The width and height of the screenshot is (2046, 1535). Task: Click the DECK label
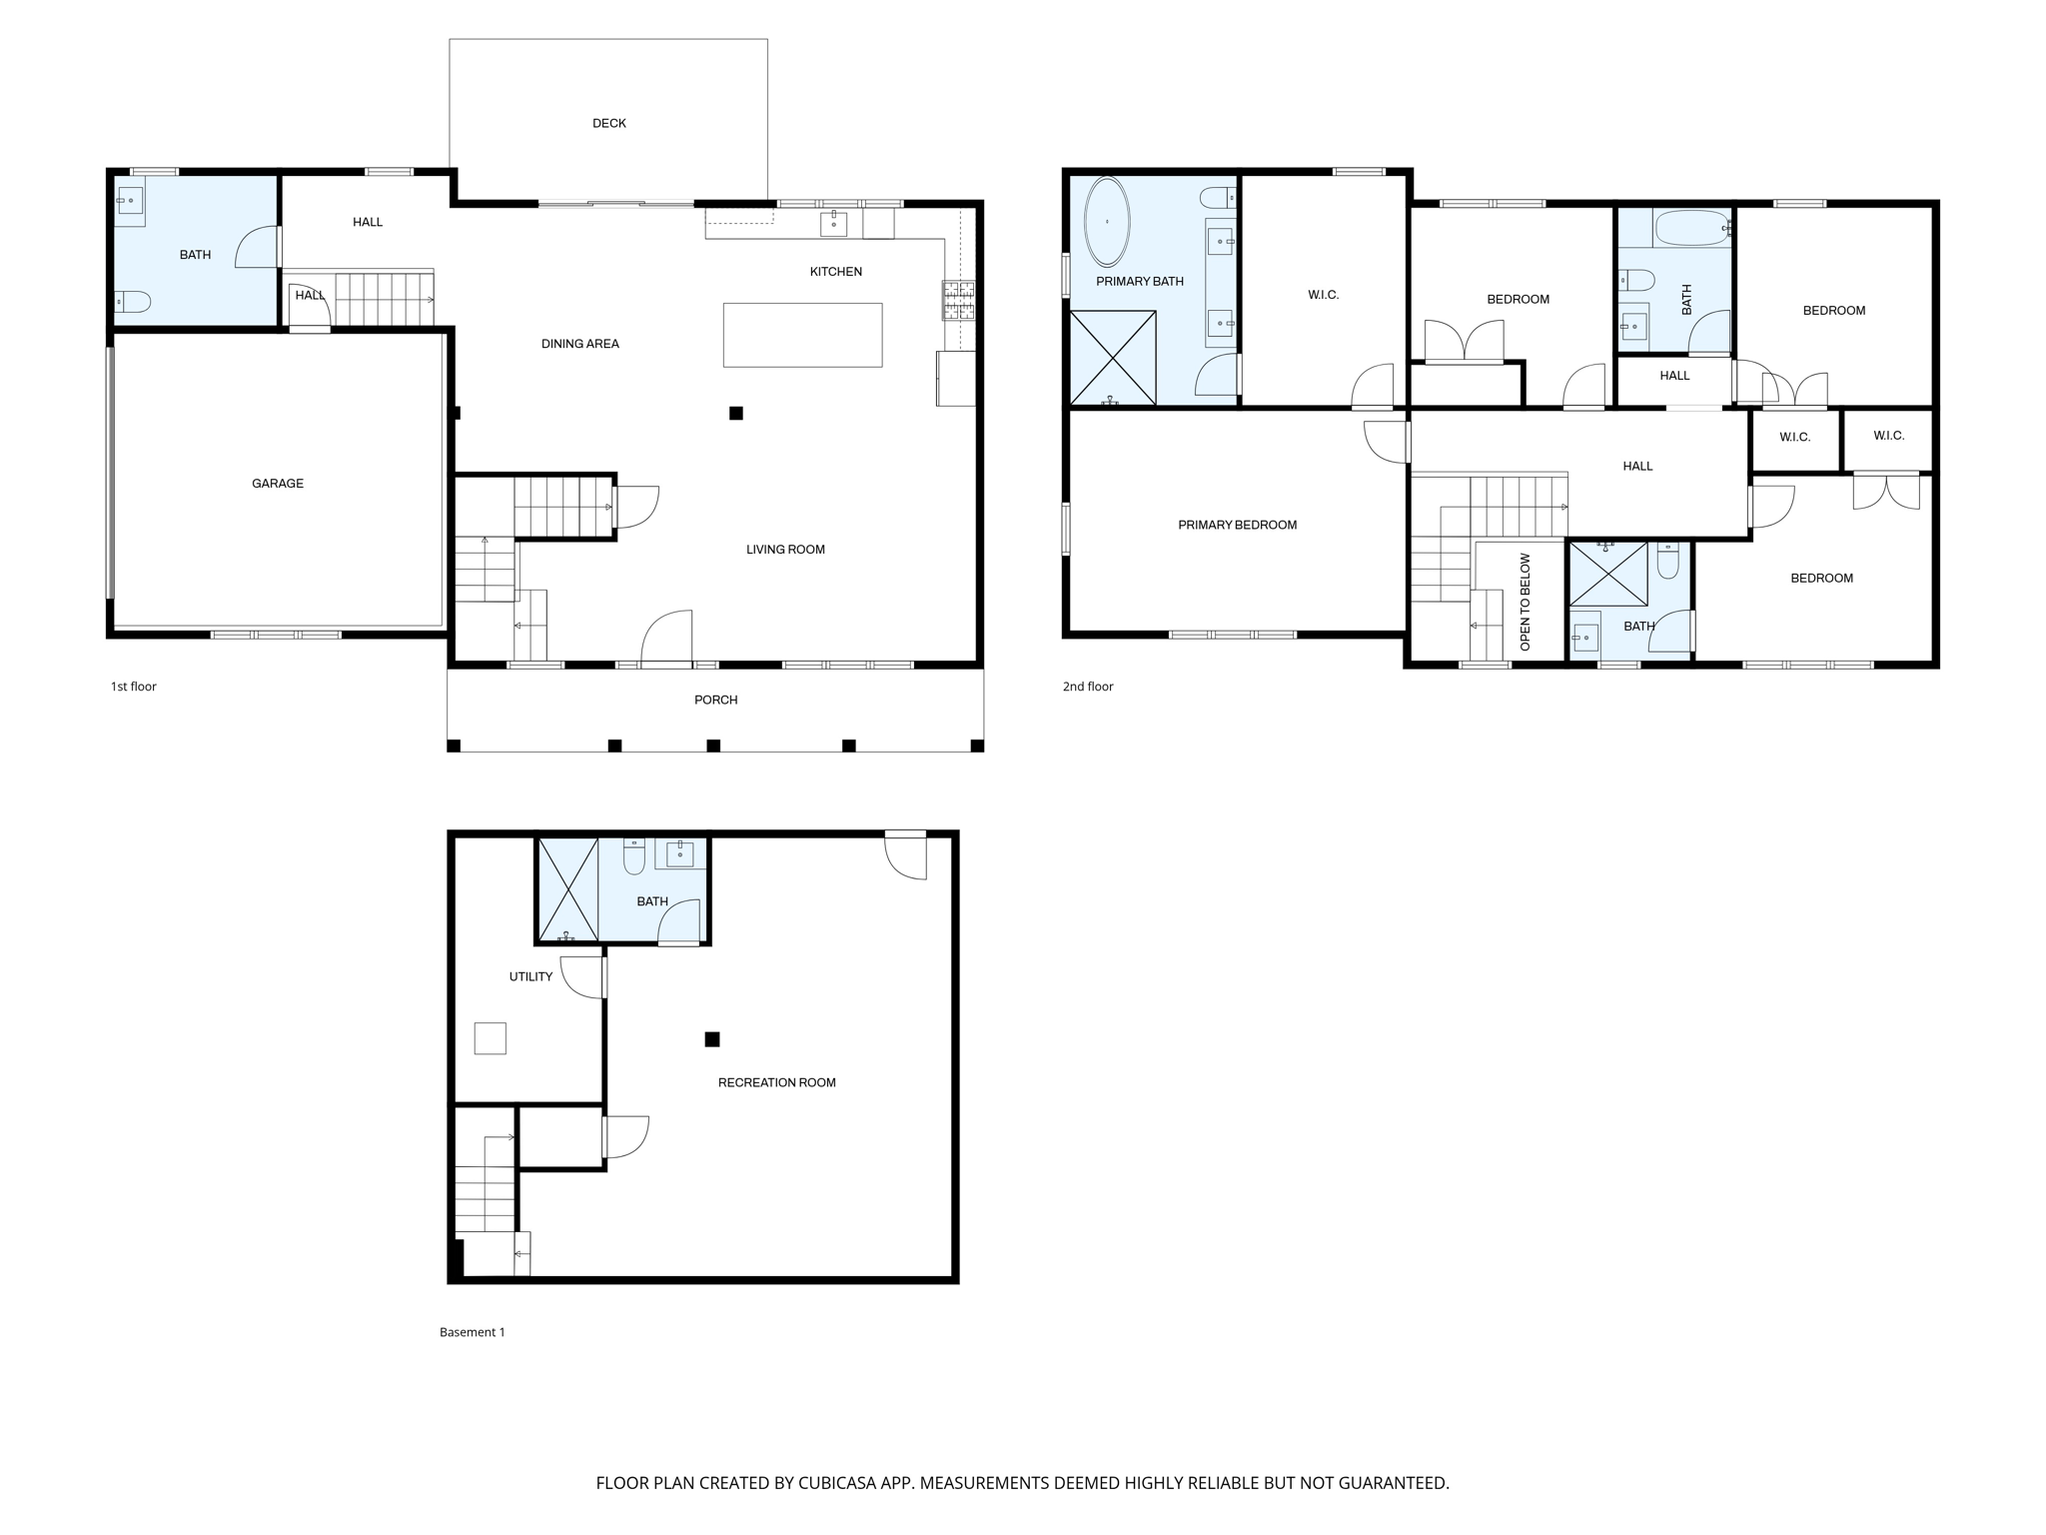608,123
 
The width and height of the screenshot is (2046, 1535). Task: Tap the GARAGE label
277,484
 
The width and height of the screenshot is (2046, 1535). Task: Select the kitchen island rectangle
802,335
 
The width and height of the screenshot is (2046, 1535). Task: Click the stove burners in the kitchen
958,301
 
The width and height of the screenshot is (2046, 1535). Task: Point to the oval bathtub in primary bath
1107,222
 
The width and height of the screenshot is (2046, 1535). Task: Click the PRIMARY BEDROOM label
1237,525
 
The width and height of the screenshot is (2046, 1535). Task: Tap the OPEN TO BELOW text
1525,602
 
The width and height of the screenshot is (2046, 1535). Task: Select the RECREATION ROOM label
776,1082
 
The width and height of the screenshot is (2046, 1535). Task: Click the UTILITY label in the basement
530,976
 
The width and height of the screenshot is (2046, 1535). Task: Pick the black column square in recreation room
712,1039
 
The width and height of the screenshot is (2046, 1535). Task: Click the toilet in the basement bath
634,856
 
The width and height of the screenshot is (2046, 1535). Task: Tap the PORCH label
715,700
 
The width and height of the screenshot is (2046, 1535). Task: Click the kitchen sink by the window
833,224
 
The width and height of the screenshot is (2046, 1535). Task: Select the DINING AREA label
579,344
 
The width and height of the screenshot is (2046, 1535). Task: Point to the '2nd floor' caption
1087,687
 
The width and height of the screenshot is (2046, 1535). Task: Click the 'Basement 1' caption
472,1332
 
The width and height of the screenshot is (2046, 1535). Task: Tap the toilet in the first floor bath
132,301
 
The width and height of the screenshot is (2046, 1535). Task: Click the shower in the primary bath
1113,358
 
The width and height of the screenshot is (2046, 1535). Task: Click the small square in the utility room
490,1038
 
